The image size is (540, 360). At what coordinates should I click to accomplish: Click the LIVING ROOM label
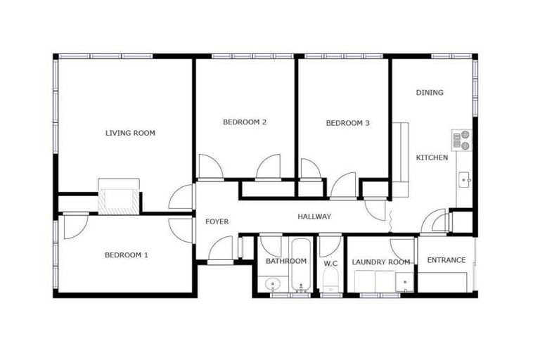[130, 133]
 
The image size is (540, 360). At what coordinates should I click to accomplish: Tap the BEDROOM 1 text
[126, 255]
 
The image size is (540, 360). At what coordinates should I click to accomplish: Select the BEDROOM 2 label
[244, 122]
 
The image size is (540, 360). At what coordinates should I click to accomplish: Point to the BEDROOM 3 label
[347, 123]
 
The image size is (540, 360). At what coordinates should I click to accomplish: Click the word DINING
[430, 92]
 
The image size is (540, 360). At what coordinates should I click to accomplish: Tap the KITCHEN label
[432, 157]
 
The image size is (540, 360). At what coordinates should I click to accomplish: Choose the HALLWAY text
[314, 217]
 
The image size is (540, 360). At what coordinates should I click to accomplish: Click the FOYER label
[217, 221]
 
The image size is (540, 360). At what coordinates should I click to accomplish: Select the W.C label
[330, 264]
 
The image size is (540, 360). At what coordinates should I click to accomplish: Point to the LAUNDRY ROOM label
[380, 262]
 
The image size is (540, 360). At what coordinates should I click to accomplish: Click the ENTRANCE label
[446, 260]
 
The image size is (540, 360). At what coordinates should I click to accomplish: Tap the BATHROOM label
[285, 262]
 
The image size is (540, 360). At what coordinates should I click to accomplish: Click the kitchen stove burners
[462, 141]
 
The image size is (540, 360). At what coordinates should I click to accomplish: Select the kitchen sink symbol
[465, 181]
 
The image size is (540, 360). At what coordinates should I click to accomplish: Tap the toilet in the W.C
[330, 283]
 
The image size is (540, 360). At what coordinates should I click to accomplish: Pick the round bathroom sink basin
[274, 285]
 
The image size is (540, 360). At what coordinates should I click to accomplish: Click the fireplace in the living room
[119, 198]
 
